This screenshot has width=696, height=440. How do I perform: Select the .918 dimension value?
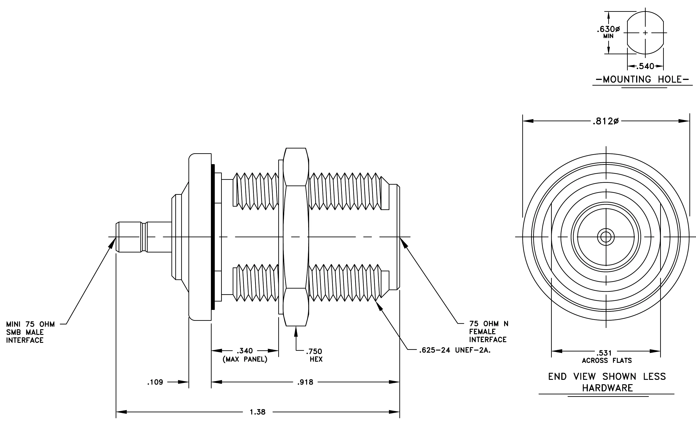click(305, 382)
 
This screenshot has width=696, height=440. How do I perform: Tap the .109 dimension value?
click(155, 382)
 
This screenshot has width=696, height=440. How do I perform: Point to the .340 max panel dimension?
click(245, 355)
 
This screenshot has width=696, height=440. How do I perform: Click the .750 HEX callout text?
click(314, 355)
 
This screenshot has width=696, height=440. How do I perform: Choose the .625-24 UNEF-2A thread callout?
click(455, 350)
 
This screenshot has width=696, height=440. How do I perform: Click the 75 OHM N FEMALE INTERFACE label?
click(488, 331)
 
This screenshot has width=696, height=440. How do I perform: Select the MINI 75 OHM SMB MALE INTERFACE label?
click(30, 332)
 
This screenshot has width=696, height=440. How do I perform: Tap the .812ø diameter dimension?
click(606, 121)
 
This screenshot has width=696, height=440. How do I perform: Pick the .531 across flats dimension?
click(606, 356)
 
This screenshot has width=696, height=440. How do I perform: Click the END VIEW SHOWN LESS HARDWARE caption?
click(607, 382)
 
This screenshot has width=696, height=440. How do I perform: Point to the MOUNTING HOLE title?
click(642, 79)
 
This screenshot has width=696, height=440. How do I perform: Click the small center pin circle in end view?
click(606, 237)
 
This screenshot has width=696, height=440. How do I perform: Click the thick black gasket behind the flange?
click(213, 237)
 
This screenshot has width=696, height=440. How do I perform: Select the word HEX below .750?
click(316, 359)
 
